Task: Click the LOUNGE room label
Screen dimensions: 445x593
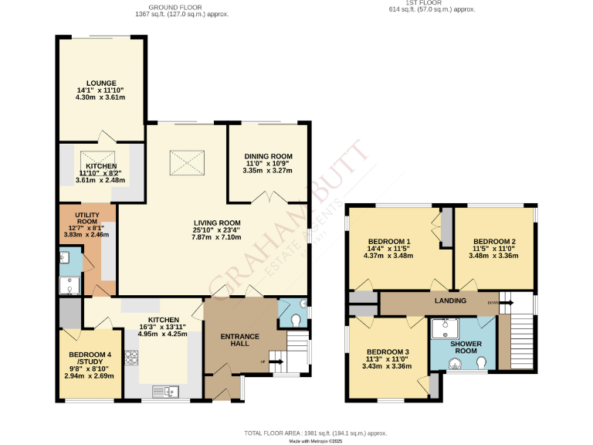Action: point(100,83)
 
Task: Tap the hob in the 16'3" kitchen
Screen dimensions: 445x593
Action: point(131,357)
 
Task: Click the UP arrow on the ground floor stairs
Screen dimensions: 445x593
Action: point(274,361)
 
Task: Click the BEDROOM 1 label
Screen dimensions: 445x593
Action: point(387,241)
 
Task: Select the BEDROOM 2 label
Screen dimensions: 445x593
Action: point(494,241)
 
